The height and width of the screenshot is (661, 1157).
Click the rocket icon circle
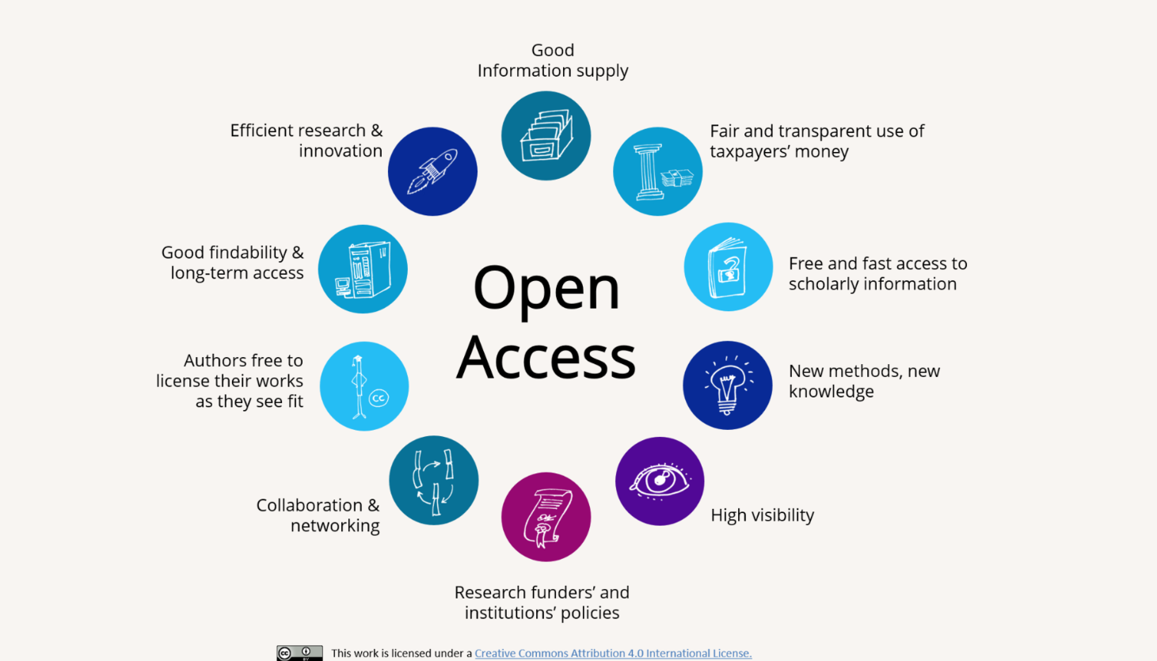pos(433,172)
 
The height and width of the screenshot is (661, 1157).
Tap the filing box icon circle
pos(546,136)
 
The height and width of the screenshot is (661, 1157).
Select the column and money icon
pos(657,172)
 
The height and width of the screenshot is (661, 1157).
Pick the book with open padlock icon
pos(729,267)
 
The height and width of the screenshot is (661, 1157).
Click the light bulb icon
pos(727,386)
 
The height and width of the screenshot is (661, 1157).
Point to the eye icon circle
pos(660,481)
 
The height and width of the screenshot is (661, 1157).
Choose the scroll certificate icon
pos(546,517)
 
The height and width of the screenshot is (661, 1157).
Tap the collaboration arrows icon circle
pos(434,481)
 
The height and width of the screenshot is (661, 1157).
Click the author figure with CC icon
pos(364,386)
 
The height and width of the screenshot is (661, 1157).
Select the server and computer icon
pos(363,269)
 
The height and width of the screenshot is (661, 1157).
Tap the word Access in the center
pos(546,357)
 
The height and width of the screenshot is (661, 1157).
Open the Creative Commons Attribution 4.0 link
pos(613,653)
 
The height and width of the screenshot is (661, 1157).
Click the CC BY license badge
pos(299,653)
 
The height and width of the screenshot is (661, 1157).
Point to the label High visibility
pos(763,515)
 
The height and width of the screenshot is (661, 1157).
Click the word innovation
pos(341,150)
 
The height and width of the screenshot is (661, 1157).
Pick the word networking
pos(335,526)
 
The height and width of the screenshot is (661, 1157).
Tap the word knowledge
pos(832,392)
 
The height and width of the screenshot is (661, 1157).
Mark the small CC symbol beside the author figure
pos(379,398)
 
